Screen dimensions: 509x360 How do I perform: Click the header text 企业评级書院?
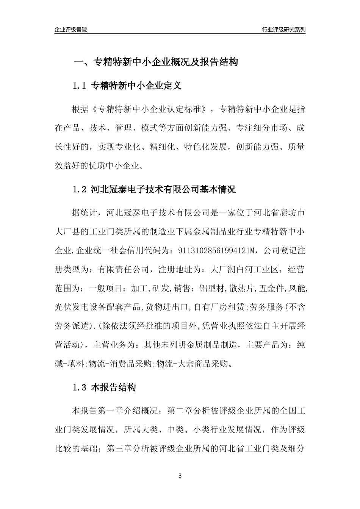click(x=71, y=30)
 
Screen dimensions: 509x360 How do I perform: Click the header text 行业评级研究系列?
click(x=283, y=30)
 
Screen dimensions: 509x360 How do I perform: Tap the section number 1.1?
click(x=80, y=86)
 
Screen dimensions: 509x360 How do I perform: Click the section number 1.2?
click(x=80, y=189)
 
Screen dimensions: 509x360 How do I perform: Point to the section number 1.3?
click(x=80, y=387)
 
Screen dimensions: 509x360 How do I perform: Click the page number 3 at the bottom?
click(x=180, y=476)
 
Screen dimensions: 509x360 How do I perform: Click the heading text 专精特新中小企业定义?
click(x=136, y=86)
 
